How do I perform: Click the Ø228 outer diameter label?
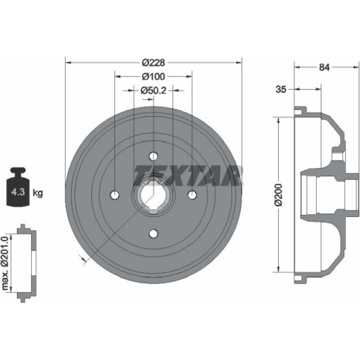pyautogui.click(x=153, y=62)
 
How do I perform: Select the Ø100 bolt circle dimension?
pyautogui.click(x=153, y=77)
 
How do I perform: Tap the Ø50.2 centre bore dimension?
pyautogui.click(x=153, y=91)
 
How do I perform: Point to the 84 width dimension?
pyautogui.click(x=324, y=67)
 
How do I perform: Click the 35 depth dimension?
pyautogui.click(x=281, y=89)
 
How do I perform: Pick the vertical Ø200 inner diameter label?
pyautogui.click(x=279, y=195)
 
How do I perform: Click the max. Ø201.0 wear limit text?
pyautogui.click(x=5, y=262)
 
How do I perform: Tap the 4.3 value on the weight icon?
pyautogui.click(x=18, y=192)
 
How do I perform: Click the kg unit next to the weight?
pyautogui.click(x=38, y=193)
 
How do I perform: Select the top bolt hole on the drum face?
pyautogui.click(x=153, y=156)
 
